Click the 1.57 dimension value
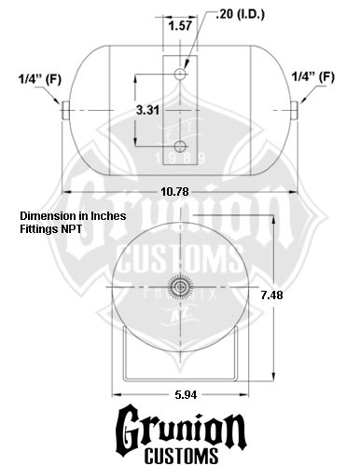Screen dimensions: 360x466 [x=180, y=25]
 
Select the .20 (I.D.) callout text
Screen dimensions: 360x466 [x=240, y=14]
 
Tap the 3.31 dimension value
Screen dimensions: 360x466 [x=147, y=110]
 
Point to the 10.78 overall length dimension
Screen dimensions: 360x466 [x=174, y=192]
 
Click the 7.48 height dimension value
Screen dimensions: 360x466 [x=271, y=295]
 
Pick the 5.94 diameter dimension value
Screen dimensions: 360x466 [x=186, y=395]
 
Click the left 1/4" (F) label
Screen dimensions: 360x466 [x=40, y=79]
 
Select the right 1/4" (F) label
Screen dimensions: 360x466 [x=313, y=76]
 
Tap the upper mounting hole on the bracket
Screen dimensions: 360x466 [x=180, y=74]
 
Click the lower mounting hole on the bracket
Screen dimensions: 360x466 [x=180, y=146]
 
